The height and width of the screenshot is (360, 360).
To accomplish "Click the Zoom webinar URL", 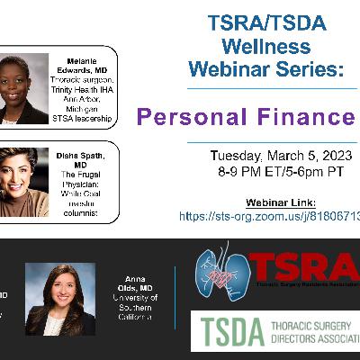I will [270, 217].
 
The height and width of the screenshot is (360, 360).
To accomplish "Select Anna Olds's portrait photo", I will [59, 300].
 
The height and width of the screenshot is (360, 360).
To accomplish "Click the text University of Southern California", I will [135, 307].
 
